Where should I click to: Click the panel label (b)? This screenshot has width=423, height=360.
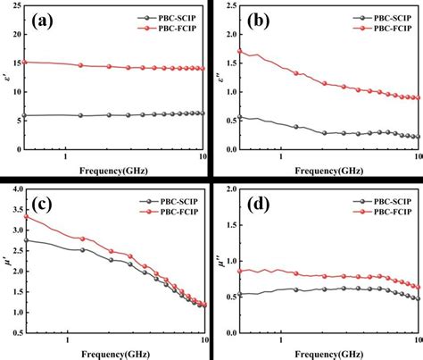(258, 21)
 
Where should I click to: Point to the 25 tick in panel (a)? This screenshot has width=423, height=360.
(17, 9)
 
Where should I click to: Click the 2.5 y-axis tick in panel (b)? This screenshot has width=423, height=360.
(229, 9)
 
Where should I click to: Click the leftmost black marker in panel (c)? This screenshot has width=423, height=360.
(28, 239)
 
